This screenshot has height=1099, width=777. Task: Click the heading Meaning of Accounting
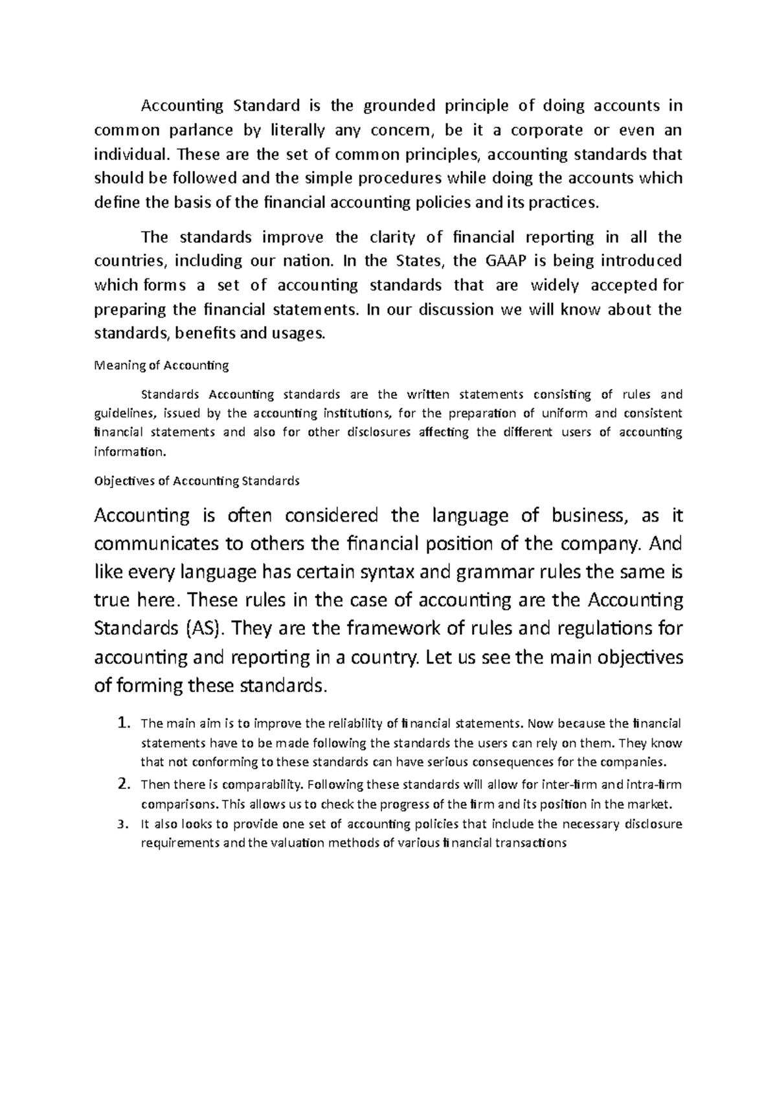[x=162, y=366]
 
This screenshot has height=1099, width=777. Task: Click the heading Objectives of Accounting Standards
[x=197, y=481]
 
